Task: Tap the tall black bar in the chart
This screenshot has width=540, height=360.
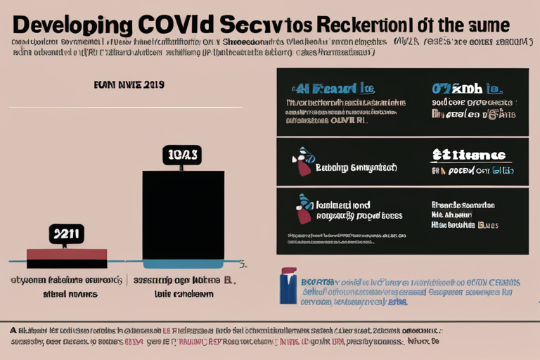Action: (x=183, y=215)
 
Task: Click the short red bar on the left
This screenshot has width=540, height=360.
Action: (x=66, y=254)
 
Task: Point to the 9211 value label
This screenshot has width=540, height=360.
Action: (x=66, y=233)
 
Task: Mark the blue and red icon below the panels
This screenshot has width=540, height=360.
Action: (x=288, y=285)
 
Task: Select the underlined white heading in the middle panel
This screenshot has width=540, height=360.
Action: (x=467, y=155)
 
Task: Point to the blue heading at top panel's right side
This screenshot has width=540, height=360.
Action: (x=457, y=89)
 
